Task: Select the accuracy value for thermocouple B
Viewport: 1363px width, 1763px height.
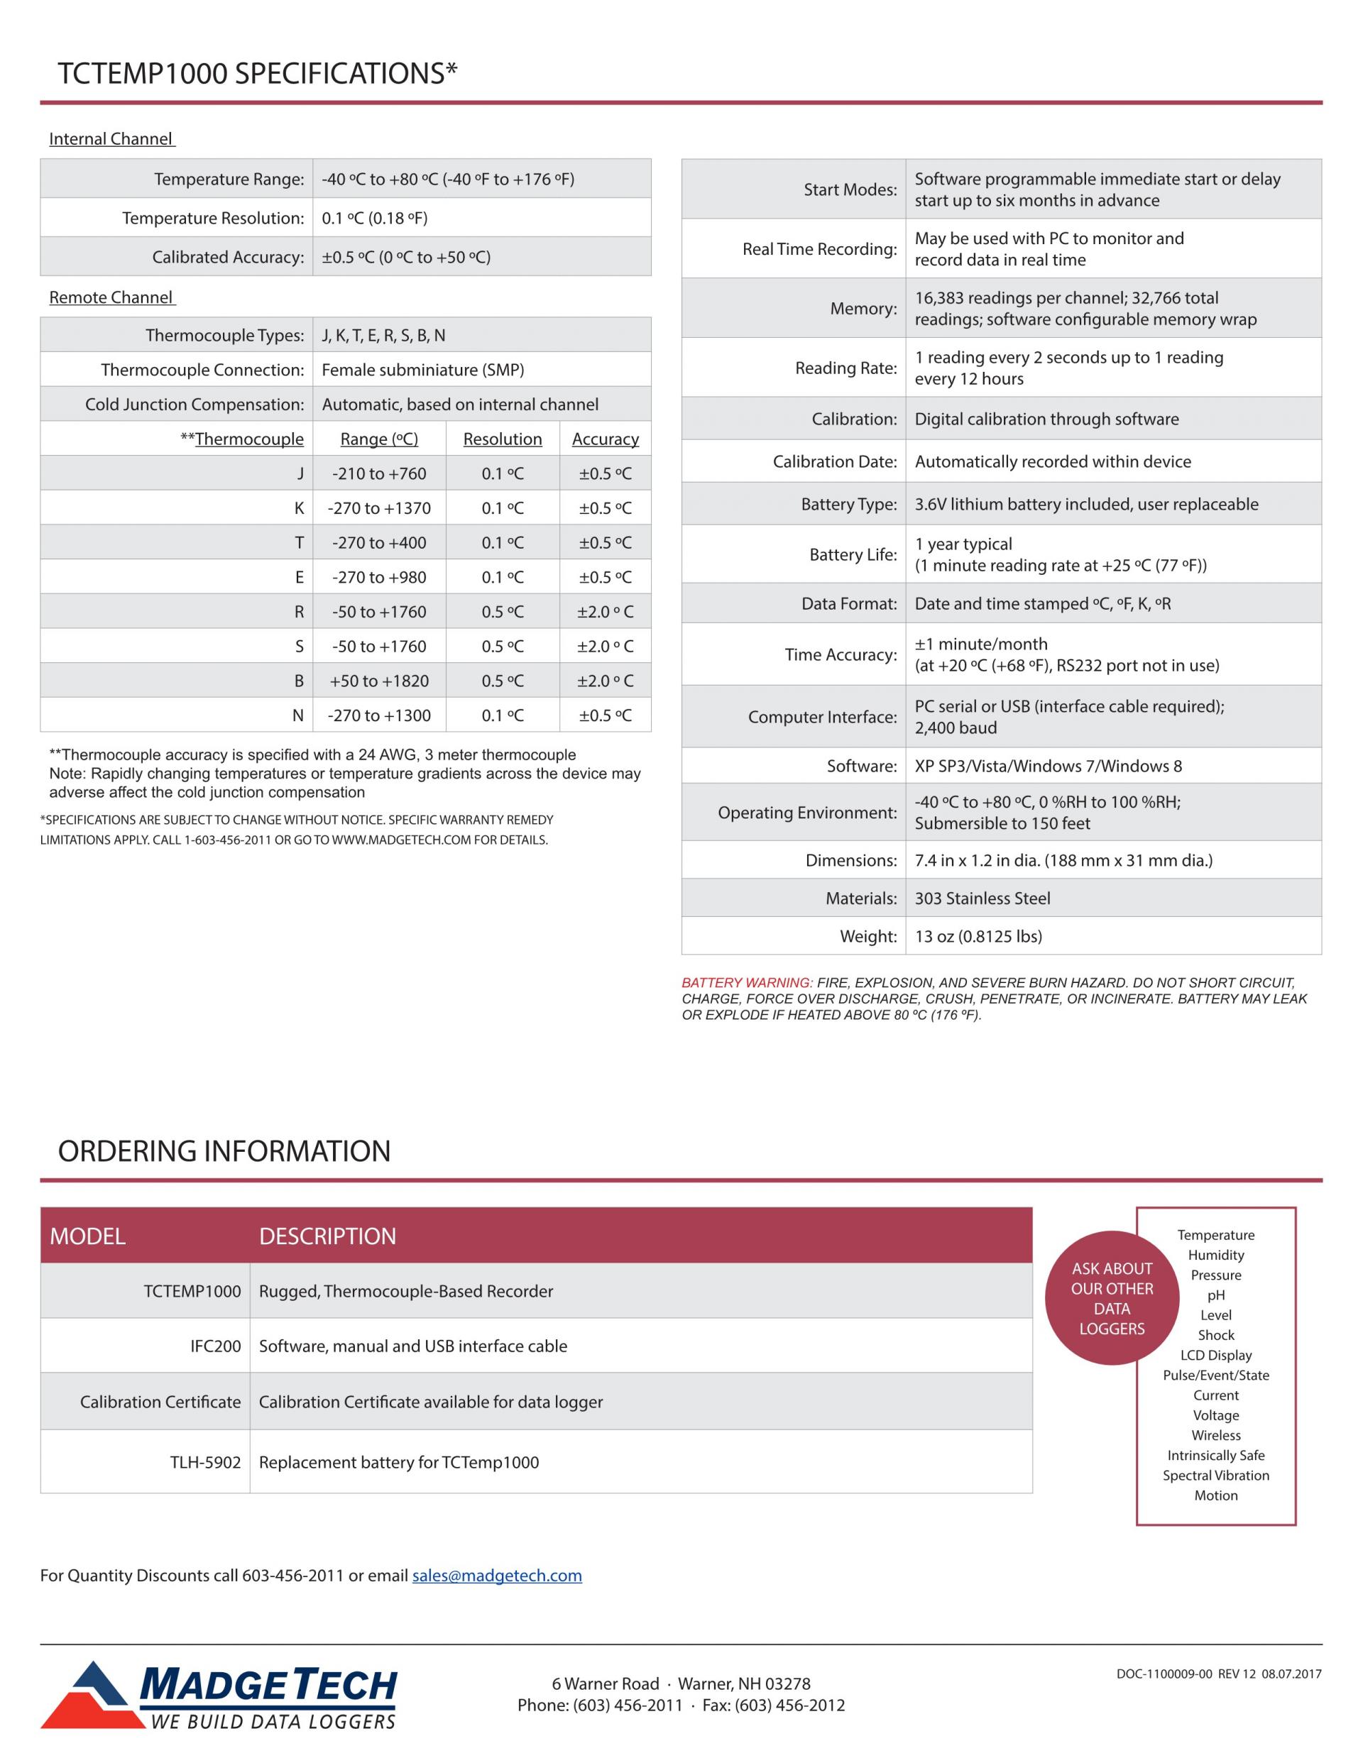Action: click(x=605, y=681)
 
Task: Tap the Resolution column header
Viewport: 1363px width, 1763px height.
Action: click(x=502, y=439)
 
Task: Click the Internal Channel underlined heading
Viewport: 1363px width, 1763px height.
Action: click(x=111, y=139)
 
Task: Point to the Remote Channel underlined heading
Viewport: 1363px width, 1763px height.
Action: click(x=111, y=298)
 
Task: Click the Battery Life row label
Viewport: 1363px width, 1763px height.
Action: click(x=853, y=554)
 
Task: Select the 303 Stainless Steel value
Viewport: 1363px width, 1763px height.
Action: click(x=982, y=899)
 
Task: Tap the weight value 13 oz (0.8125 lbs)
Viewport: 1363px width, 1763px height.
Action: click(x=978, y=936)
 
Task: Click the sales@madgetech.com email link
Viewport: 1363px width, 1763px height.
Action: click(x=497, y=1576)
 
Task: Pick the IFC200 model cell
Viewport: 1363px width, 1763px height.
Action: click(x=216, y=1346)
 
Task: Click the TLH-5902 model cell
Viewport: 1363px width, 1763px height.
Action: click(x=205, y=1462)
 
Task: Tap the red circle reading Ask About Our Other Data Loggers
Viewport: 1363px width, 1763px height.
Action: click(x=1111, y=1298)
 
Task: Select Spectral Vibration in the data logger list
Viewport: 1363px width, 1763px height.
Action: click(x=1215, y=1475)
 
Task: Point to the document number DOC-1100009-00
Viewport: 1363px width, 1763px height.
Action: click(x=1164, y=1674)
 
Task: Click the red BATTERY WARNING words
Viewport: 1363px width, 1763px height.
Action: click(x=747, y=982)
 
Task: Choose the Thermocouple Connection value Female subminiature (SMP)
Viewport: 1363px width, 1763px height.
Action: click(x=422, y=370)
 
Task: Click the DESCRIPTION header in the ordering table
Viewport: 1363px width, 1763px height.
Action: click(x=327, y=1236)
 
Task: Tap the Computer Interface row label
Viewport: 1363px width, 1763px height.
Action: click(x=822, y=717)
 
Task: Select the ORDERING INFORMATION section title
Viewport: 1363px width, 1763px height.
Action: click(x=224, y=1151)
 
